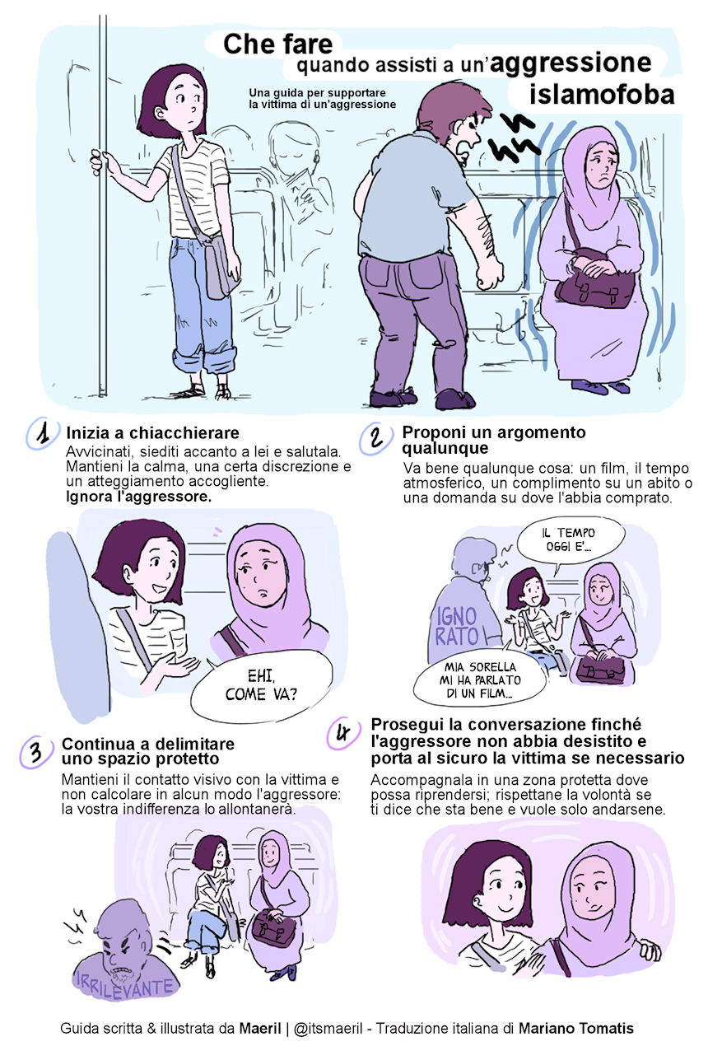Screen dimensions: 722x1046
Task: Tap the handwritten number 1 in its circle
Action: [44, 433]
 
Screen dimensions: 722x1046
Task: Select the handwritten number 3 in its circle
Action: [36, 751]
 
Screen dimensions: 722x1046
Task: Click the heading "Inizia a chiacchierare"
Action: [152, 433]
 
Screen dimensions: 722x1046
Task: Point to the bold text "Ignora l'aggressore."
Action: [138, 497]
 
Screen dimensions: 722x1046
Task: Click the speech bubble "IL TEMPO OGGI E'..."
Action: [570, 541]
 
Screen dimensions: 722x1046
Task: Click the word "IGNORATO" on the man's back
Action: [457, 626]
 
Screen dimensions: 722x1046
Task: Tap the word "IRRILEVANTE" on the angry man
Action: [125, 987]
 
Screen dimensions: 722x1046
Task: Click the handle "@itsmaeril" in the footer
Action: [328, 1028]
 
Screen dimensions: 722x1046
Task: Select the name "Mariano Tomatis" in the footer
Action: [576, 1028]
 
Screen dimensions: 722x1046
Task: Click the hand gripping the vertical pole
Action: [100, 161]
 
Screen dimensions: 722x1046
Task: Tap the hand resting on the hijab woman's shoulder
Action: [648, 948]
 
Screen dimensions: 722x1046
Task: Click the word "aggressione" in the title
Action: [571, 63]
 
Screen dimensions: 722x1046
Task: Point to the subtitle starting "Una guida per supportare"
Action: [322, 99]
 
